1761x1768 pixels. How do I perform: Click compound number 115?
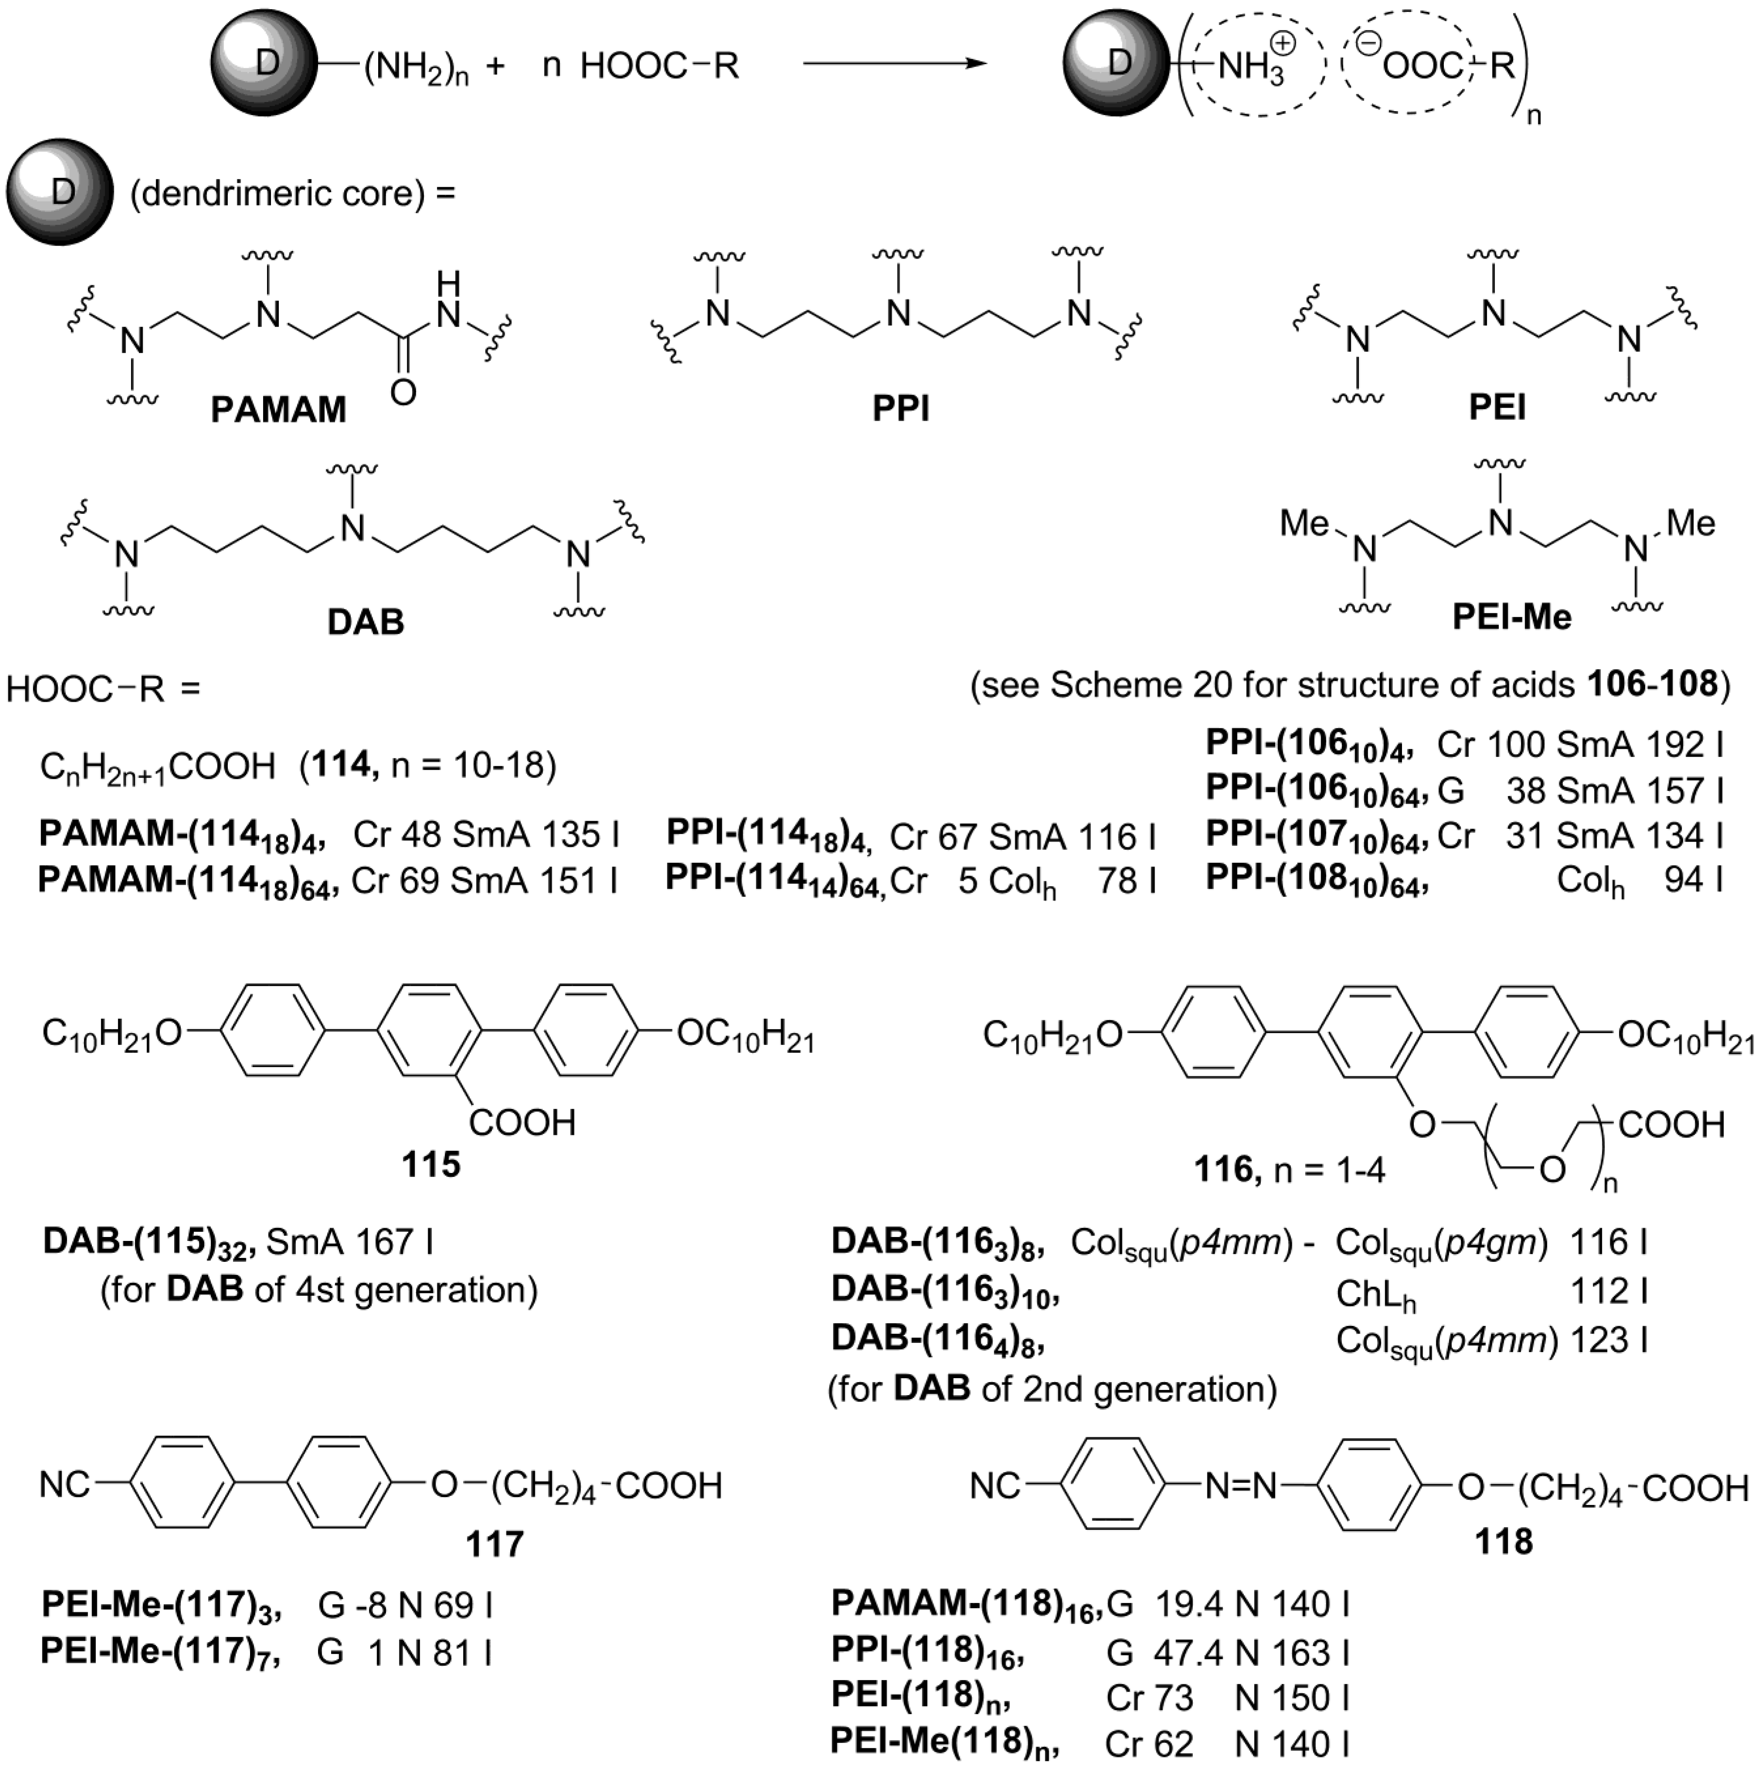click(430, 1165)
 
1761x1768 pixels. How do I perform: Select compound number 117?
click(494, 1544)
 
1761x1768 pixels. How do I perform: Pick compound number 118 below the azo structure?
click(1504, 1541)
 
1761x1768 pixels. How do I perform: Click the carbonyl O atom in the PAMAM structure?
click(403, 392)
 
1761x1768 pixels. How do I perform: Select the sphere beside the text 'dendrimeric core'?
click(58, 192)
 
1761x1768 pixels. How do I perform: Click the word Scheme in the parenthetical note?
click(1111, 684)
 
